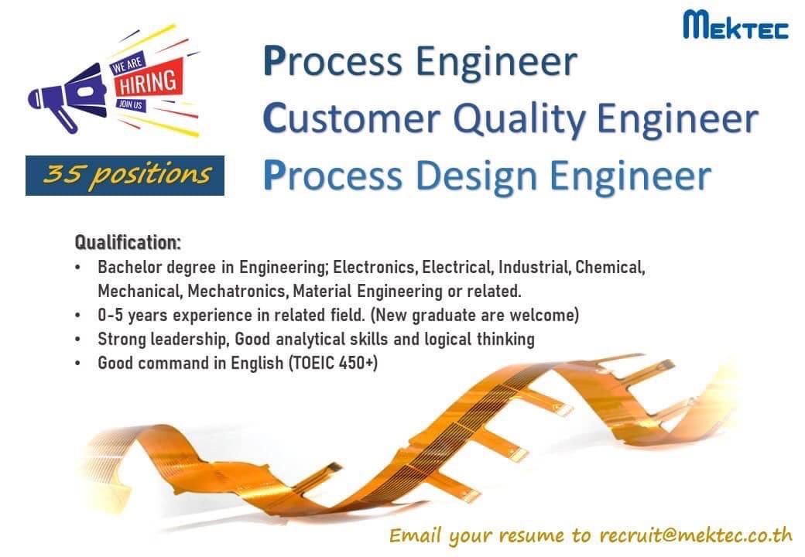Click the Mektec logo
pos(735,25)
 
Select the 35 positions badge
pos(125,175)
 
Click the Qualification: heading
pos(128,242)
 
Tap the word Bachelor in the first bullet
pos(126,268)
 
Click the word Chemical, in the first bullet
pos(611,268)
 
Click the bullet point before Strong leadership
pos(79,340)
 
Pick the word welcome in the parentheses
pos(546,316)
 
